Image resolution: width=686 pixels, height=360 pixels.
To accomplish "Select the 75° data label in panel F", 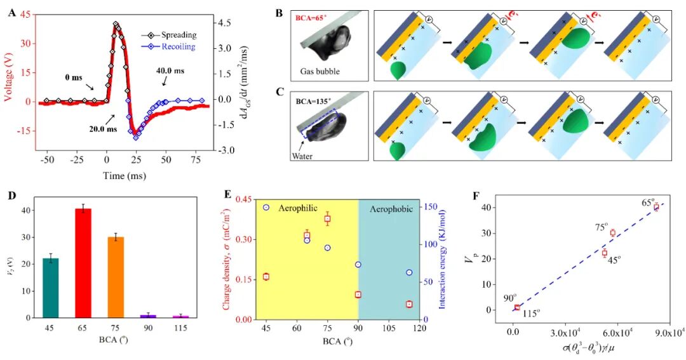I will point(601,226).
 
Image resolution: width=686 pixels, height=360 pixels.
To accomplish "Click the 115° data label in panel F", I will point(530,312).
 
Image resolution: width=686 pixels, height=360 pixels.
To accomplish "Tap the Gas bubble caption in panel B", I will point(322,71).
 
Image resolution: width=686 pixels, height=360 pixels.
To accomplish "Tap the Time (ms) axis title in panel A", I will point(121,175).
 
